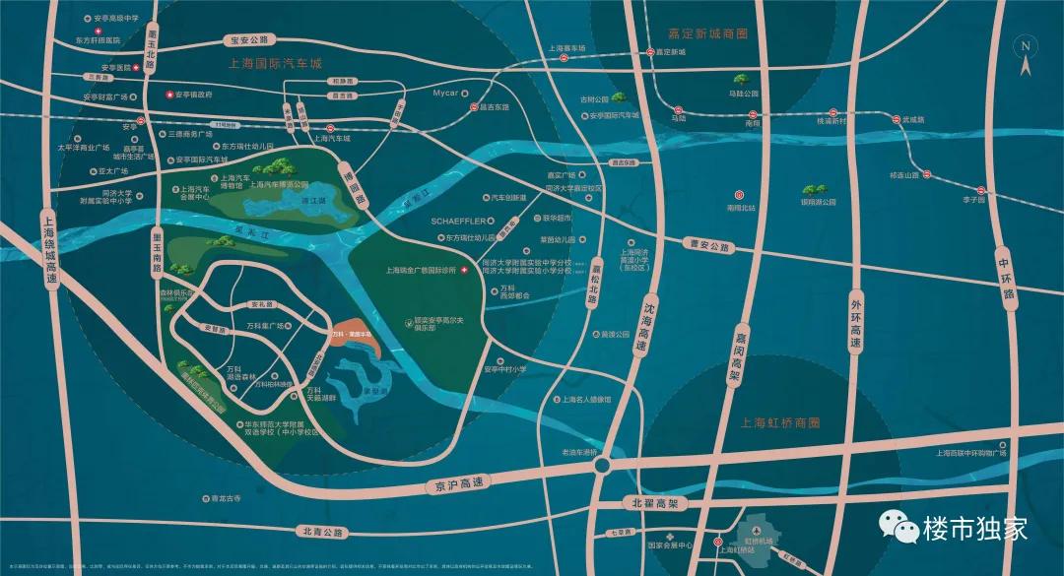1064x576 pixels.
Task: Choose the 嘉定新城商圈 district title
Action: point(707,32)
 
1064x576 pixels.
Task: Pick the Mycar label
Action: point(446,94)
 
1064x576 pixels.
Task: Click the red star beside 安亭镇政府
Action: point(168,95)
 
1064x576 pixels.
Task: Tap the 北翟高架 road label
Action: point(654,503)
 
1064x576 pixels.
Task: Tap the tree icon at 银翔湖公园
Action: point(813,188)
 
